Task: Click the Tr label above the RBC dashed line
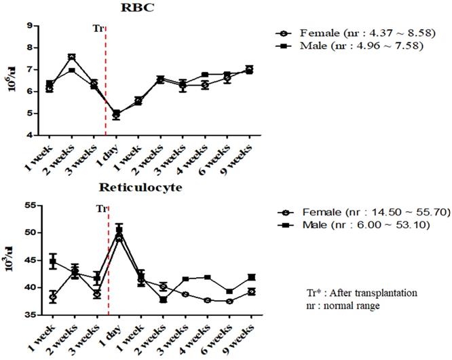click(x=98, y=28)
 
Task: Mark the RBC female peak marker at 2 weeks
click(x=72, y=57)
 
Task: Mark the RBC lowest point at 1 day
click(x=116, y=115)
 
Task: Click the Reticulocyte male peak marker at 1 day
click(x=119, y=230)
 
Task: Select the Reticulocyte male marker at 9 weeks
click(x=252, y=277)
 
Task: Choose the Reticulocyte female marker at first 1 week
click(x=52, y=297)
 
